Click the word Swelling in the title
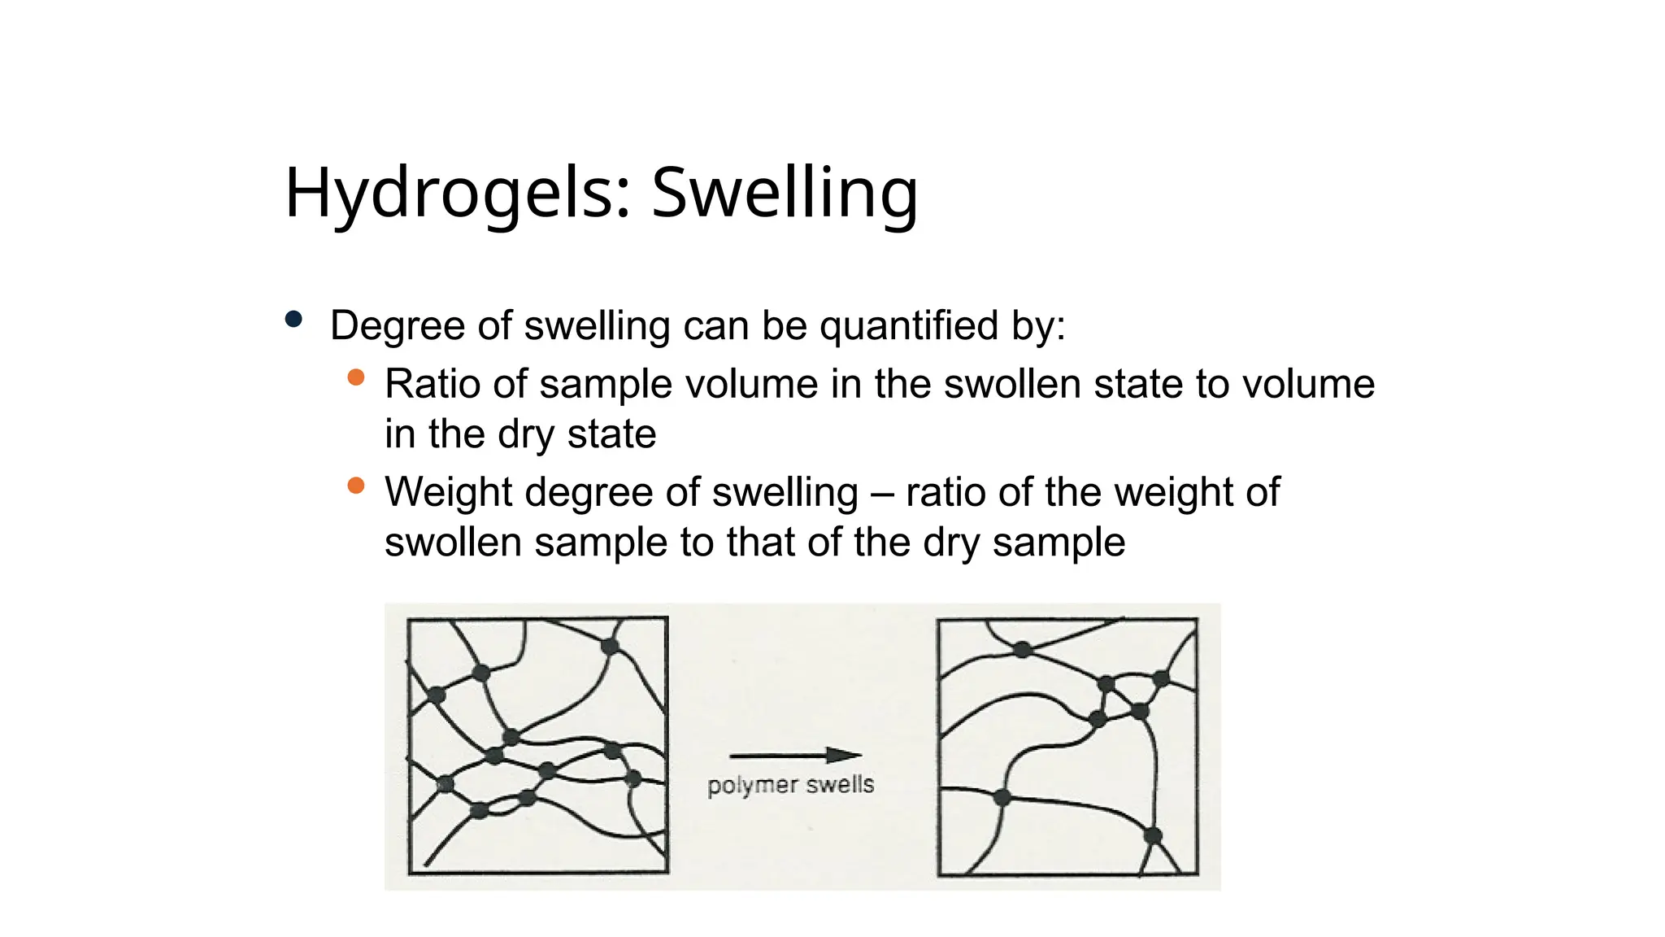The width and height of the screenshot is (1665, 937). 784,193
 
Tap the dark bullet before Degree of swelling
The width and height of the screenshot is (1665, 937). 293,320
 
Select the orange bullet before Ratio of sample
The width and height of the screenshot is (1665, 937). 355,377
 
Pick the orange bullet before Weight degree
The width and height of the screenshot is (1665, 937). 355,486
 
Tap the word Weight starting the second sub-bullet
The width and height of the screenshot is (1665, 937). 448,492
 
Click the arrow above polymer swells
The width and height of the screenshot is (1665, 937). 794,756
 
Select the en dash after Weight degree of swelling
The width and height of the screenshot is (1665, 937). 882,493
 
